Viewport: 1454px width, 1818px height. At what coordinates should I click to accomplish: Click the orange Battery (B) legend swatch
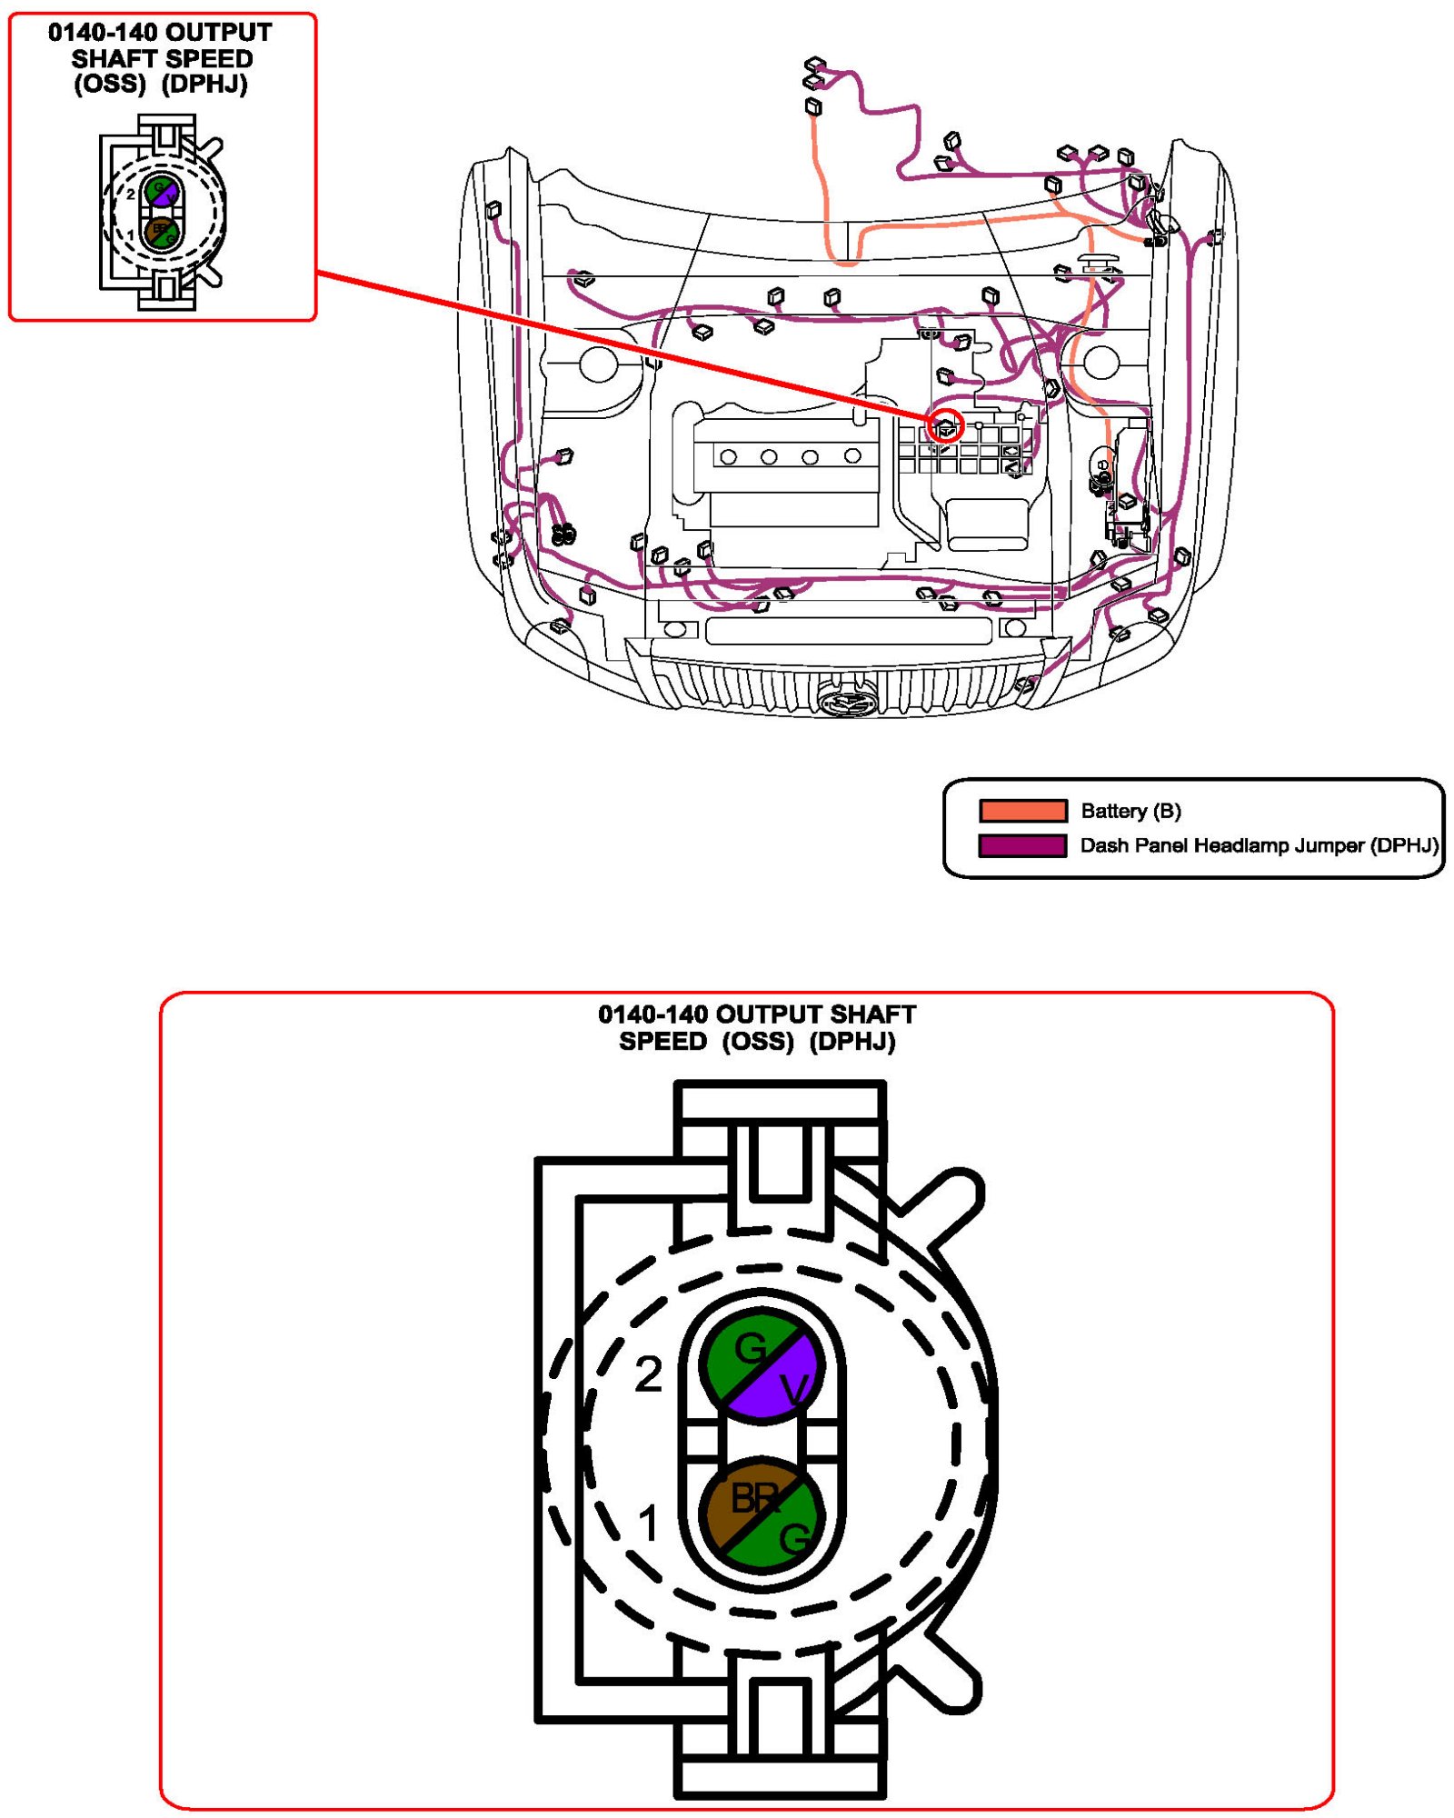[1022, 810]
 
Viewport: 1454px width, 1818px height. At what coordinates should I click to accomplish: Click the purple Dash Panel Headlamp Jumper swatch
[1022, 845]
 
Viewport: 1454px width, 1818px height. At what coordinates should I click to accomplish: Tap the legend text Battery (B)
[1130, 811]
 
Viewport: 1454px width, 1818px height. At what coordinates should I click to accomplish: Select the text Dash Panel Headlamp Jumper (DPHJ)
[1260, 845]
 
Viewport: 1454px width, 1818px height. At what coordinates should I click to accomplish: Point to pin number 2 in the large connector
[648, 1373]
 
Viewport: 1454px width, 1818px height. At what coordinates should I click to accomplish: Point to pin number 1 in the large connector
[648, 1523]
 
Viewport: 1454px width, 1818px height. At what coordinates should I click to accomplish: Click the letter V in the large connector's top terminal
[794, 1389]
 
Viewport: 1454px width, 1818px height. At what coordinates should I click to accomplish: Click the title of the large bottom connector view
[757, 1027]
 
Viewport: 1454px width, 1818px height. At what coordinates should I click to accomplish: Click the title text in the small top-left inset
[160, 57]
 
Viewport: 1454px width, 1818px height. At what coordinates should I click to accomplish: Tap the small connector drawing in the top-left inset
[162, 212]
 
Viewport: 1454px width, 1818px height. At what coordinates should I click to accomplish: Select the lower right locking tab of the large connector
[945, 1673]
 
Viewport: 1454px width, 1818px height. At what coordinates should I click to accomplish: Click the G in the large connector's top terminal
[750, 1348]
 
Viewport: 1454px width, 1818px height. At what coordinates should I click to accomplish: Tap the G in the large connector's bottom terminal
[793, 1539]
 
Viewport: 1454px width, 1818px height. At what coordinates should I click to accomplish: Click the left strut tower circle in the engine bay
[598, 364]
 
